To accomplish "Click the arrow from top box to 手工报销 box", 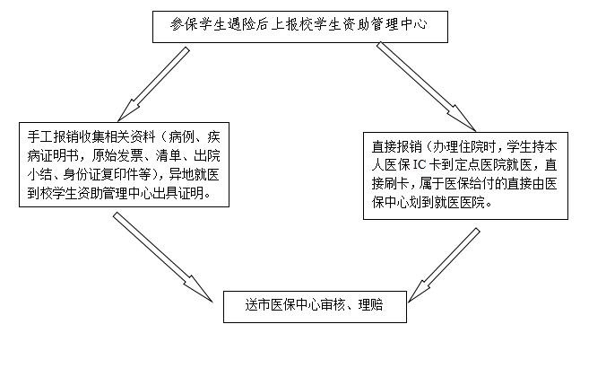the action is coord(153,84).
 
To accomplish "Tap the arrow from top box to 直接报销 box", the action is coord(426,87).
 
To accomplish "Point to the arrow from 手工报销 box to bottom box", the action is coord(163,257).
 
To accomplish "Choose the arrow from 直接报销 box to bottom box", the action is coord(444,265).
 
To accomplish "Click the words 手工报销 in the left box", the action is coord(53,137).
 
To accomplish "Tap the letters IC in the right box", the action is coord(420,165).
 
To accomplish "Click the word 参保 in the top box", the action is coord(182,24).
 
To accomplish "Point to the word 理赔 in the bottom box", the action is coord(370,305).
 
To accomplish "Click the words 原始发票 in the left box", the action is coord(117,155).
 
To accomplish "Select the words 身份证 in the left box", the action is coord(82,174).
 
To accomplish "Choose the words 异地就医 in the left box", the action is coord(194,174).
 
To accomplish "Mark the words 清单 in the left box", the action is coord(169,155).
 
